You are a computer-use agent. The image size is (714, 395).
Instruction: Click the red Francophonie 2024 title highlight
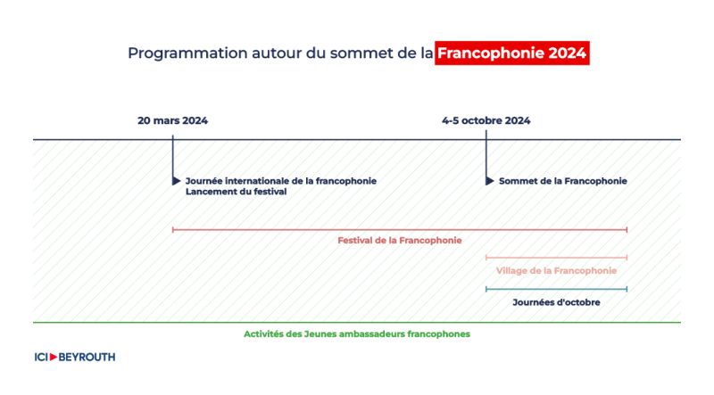point(511,53)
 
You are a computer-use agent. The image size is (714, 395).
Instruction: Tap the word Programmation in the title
point(187,53)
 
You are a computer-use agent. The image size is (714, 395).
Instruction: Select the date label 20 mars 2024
point(172,120)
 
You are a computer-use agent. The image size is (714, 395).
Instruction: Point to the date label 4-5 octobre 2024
point(486,120)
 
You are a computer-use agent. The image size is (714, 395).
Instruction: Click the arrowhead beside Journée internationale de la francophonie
point(177,181)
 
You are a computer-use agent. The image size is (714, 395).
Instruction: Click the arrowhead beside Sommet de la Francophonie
point(490,181)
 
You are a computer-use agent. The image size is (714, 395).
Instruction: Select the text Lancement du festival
point(236,192)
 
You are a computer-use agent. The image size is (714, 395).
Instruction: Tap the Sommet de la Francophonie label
point(563,181)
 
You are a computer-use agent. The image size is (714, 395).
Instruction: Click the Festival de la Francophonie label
point(399,240)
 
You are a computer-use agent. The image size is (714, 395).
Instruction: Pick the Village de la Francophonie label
point(556,271)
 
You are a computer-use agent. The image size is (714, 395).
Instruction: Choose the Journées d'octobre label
point(556,302)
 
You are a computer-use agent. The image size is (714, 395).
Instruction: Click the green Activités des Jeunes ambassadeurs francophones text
point(356,334)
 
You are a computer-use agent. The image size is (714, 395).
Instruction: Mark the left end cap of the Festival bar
point(172,230)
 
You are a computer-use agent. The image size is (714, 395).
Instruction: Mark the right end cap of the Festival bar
point(627,230)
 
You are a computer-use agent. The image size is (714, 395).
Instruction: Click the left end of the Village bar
point(486,258)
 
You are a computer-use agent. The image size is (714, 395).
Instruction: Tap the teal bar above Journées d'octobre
point(556,289)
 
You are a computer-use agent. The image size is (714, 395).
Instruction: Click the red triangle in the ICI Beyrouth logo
point(54,358)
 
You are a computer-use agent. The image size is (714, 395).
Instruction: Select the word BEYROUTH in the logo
point(87,358)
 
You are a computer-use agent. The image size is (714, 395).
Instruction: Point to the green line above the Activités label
point(357,323)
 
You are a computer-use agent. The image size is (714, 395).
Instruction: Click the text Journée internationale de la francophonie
point(281,181)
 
